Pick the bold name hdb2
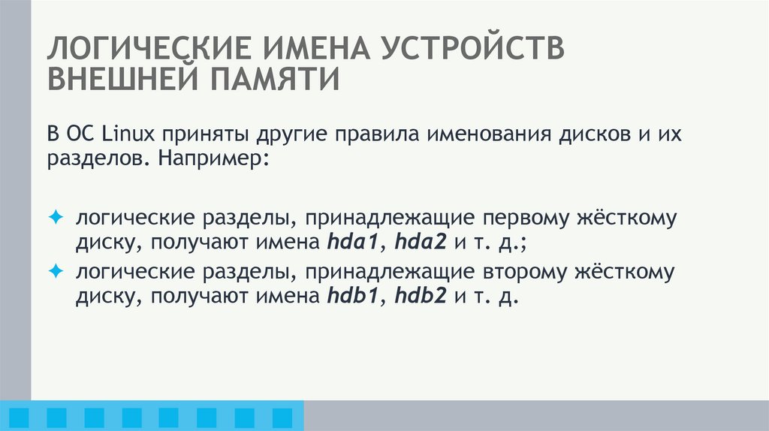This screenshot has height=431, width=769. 421,296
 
